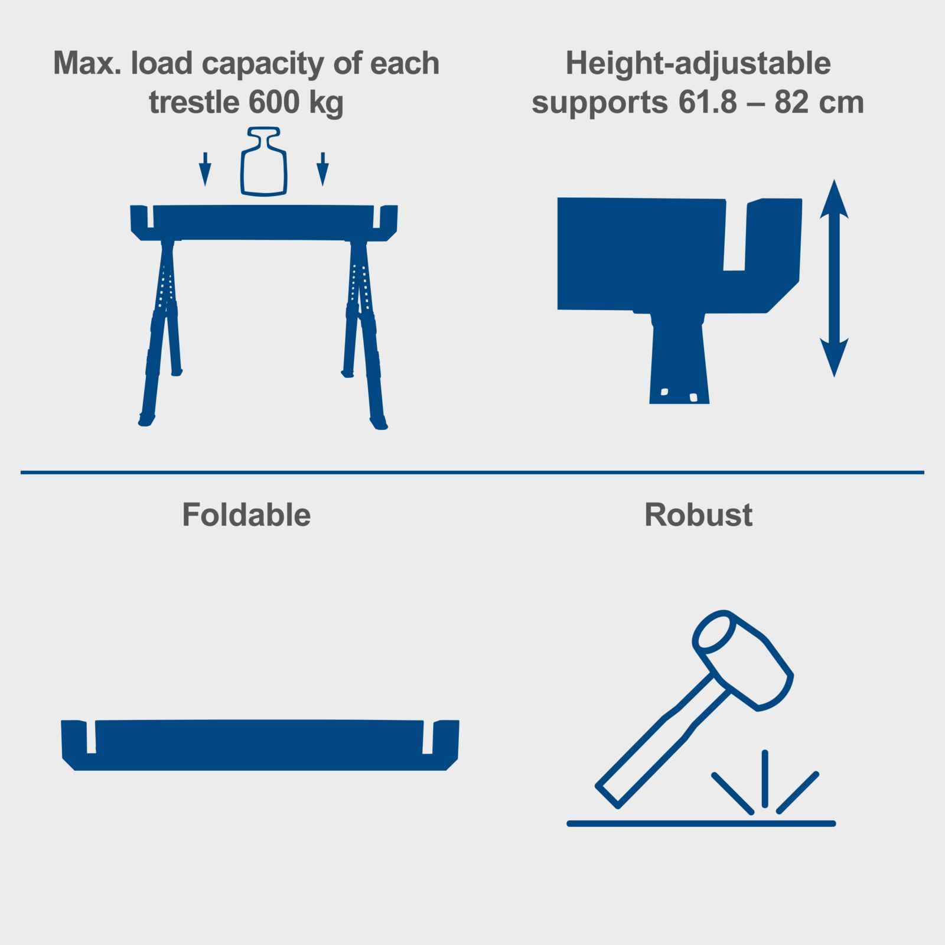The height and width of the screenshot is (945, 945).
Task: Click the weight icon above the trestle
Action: click(264, 161)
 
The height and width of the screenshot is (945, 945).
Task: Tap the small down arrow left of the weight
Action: click(205, 169)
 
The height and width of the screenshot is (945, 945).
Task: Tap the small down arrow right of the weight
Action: click(322, 169)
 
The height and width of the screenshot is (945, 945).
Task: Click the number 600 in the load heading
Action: click(273, 102)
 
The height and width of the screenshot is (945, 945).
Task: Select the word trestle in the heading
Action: click(194, 102)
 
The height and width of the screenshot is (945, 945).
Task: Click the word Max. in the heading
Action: click(88, 63)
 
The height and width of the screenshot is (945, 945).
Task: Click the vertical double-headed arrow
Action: click(834, 278)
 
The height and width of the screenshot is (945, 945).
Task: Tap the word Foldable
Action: click(246, 515)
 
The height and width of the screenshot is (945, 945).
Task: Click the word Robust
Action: click(698, 515)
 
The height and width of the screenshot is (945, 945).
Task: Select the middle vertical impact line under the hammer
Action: click(765, 778)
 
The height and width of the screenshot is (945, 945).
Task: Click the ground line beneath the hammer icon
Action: click(701, 823)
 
